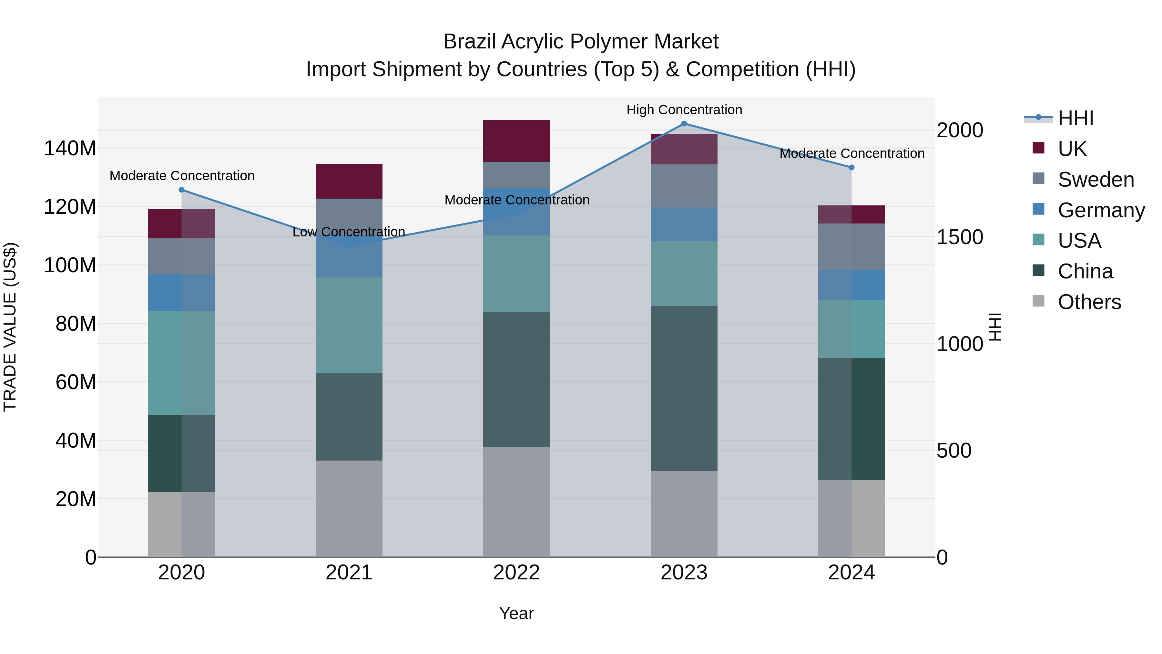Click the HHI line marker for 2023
(x=684, y=124)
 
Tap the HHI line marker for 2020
(x=182, y=190)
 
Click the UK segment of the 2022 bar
(x=516, y=141)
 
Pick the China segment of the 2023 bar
(x=684, y=388)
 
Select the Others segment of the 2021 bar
(x=349, y=509)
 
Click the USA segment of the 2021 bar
(x=349, y=325)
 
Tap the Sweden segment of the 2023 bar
(x=684, y=186)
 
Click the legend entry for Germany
(x=1101, y=210)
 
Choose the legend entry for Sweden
(x=1095, y=180)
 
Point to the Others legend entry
(x=1089, y=302)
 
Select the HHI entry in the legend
(x=1075, y=118)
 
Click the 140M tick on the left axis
(x=70, y=149)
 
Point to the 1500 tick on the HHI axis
(x=960, y=237)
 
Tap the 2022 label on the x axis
(x=516, y=573)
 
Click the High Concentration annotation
(x=684, y=110)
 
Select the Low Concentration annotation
(x=349, y=232)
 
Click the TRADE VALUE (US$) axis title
(x=10, y=327)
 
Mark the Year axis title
(x=516, y=613)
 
